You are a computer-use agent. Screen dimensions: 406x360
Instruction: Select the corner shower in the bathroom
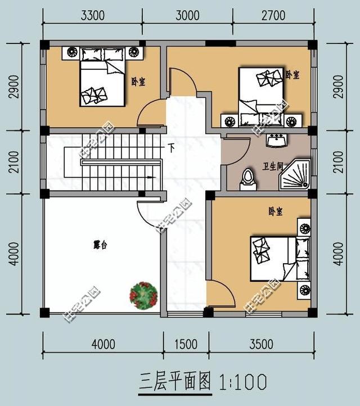[295, 175]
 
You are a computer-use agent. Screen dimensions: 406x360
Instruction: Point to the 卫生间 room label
[273, 166]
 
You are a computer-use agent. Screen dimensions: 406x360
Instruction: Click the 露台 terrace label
[100, 245]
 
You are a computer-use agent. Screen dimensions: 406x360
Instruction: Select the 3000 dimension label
[187, 16]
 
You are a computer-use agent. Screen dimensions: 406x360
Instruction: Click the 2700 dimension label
[273, 16]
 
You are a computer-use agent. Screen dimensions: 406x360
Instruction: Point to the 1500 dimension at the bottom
[186, 344]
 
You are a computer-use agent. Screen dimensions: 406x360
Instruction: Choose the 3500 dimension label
[262, 344]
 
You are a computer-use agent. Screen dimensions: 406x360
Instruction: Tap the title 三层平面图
[174, 382]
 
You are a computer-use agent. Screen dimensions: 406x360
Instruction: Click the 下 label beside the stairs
[171, 148]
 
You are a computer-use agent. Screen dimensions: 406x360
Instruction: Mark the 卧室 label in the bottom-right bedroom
[275, 212]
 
